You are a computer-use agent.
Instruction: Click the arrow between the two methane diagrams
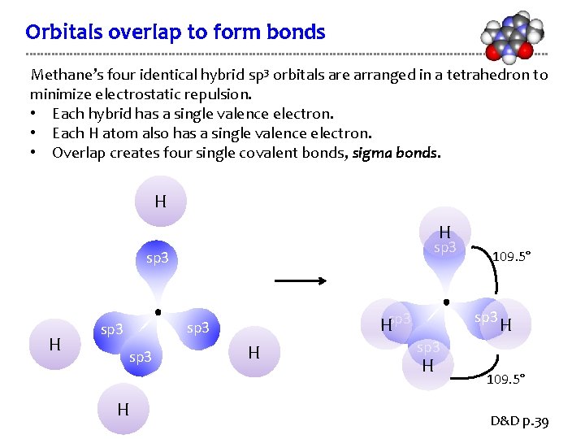point(300,281)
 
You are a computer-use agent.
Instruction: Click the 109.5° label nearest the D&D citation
point(505,379)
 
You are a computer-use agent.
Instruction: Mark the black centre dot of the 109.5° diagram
point(446,302)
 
